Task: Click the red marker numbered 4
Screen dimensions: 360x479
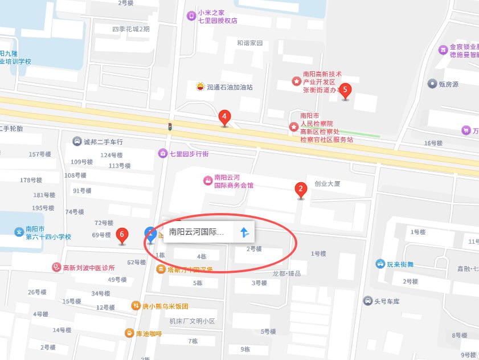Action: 225,118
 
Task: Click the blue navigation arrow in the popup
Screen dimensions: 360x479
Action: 244,232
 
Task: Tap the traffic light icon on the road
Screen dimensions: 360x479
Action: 169,126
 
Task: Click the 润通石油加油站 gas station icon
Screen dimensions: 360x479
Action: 199,87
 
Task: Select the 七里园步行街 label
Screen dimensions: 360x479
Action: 189,154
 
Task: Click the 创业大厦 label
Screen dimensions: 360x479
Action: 327,184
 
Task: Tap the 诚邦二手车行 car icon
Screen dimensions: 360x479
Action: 77,141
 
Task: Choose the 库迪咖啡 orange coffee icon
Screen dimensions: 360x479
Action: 130,333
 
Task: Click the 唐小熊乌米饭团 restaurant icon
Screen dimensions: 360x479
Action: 136,306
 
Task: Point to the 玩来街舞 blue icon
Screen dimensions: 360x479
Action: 380,264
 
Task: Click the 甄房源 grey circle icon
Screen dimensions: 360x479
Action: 432,84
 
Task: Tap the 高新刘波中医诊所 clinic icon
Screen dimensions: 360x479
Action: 56,267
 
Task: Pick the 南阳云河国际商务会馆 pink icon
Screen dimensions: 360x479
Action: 207,181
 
